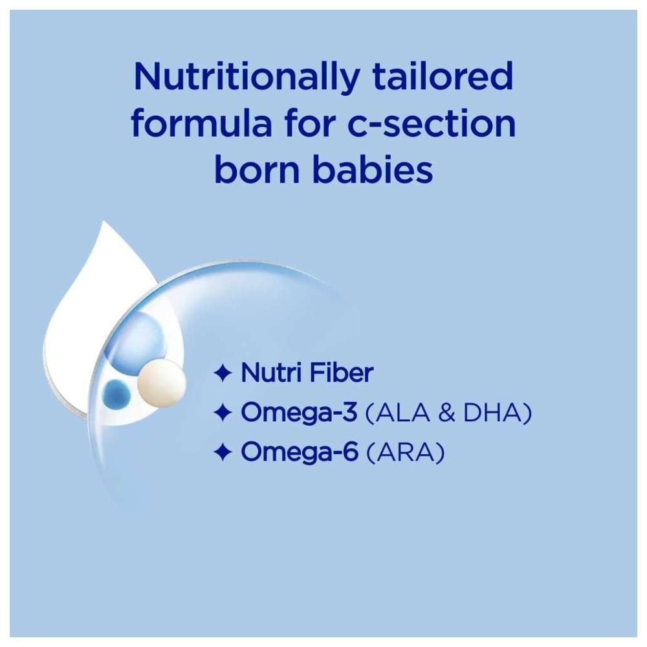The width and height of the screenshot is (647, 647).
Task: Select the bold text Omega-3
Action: (x=298, y=413)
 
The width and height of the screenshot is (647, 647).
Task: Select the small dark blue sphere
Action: (x=116, y=391)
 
